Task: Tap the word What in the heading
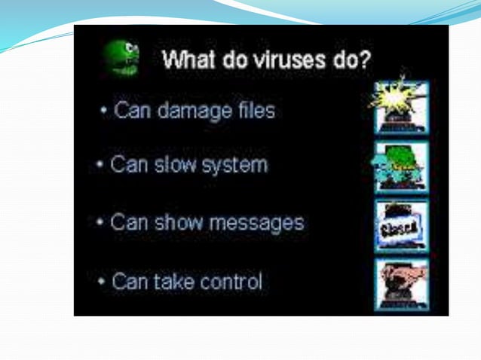tap(188, 59)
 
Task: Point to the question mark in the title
tap(365, 59)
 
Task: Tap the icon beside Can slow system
tap(400, 167)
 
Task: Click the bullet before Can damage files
tap(104, 112)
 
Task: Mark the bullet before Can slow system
tap(100, 166)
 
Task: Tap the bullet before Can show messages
tap(100, 224)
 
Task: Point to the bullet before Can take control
tap(102, 282)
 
